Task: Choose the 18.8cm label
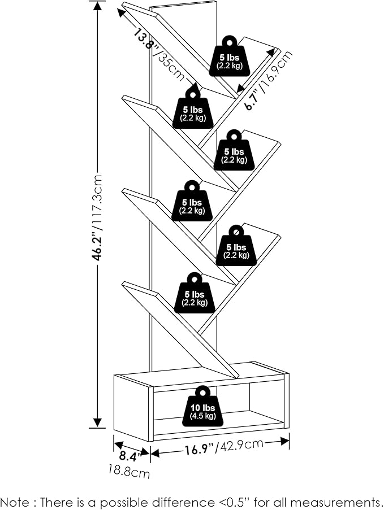click(x=129, y=470)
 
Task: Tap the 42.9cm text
click(x=241, y=445)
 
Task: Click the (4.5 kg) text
click(x=202, y=416)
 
